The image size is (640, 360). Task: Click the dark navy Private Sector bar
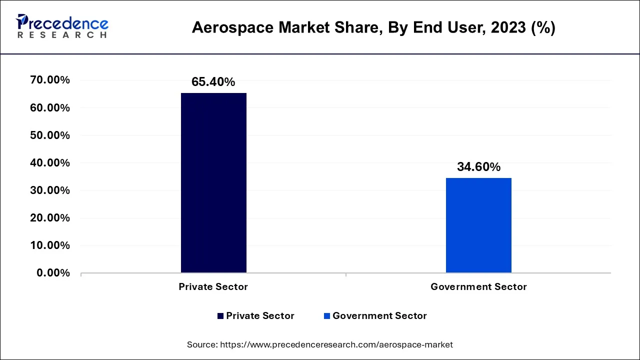[x=213, y=182]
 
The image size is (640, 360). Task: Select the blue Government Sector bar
[x=478, y=225]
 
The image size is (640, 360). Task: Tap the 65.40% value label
[x=213, y=82]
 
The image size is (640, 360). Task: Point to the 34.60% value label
[x=478, y=167]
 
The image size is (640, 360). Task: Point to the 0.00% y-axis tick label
[x=50, y=273]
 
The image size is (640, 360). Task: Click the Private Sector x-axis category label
[x=213, y=287]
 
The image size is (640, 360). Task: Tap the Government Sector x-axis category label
[x=478, y=287]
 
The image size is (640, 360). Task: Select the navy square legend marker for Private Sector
[x=220, y=316]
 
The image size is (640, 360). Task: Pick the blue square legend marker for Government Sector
[x=327, y=316]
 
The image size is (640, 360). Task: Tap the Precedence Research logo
[x=62, y=26]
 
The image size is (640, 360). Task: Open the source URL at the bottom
[x=320, y=344]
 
